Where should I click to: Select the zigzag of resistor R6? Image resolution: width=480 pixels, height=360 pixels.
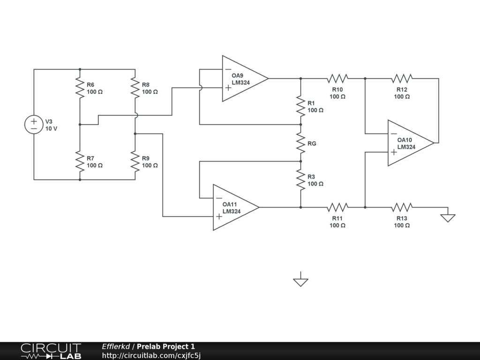pyautogui.click(x=80, y=88)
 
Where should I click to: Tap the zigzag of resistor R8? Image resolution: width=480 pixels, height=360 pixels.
pyautogui.click(x=135, y=88)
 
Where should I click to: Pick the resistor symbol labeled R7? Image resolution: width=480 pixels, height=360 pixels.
pyautogui.click(x=80, y=161)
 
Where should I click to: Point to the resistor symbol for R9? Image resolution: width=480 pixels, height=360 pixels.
pyautogui.click(x=135, y=161)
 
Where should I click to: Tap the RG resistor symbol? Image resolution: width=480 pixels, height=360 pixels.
pyautogui.click(x=300, y=143)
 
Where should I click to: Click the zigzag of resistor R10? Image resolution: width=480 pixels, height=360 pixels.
pyautogui.click(x=337, y=79)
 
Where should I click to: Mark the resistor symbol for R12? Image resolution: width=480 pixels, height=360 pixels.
pyautogui.click(x=402, y=79)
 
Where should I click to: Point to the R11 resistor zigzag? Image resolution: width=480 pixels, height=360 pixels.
pyautogui.click(x=337, y=207)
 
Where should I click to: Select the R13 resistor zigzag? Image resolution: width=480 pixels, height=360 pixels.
pyautogui.click(x=402, y=207)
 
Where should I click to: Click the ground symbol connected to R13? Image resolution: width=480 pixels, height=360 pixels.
pyautogui.click(x=448, y=217)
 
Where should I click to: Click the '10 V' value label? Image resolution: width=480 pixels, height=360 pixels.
pyautogui.click(x=52, y=128)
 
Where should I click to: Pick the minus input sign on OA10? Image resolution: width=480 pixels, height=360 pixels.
pyautogui.click(x=394, y=134)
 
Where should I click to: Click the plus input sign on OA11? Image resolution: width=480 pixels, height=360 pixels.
pyautogui.click(x=219, y=217)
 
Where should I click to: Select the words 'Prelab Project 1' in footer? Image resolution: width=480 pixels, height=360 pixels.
pyautogui.click(x=165, y=346)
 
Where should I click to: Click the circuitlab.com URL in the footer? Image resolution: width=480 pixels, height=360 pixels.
pyautogui.click(x=151, y=355)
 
